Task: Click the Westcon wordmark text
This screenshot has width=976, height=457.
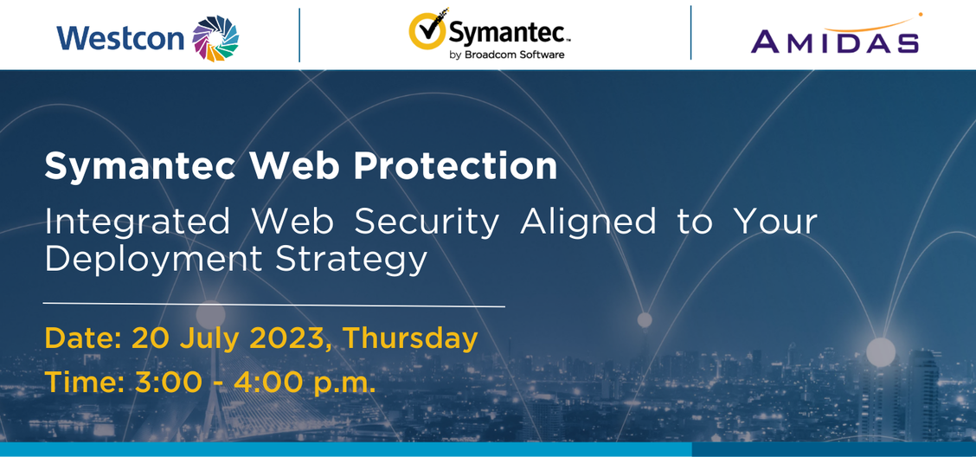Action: pos(121,38)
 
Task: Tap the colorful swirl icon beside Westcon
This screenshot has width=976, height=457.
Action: pos(215,39)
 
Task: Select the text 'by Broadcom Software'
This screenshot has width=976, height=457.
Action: pos(506,55)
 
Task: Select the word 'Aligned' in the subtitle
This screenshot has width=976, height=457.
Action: pos(588,222)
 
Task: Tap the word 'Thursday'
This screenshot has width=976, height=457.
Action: pos(411,339)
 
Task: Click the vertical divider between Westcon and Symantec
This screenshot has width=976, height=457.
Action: pos(299,35)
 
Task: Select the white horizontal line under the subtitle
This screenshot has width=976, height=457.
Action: pos(274,305)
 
